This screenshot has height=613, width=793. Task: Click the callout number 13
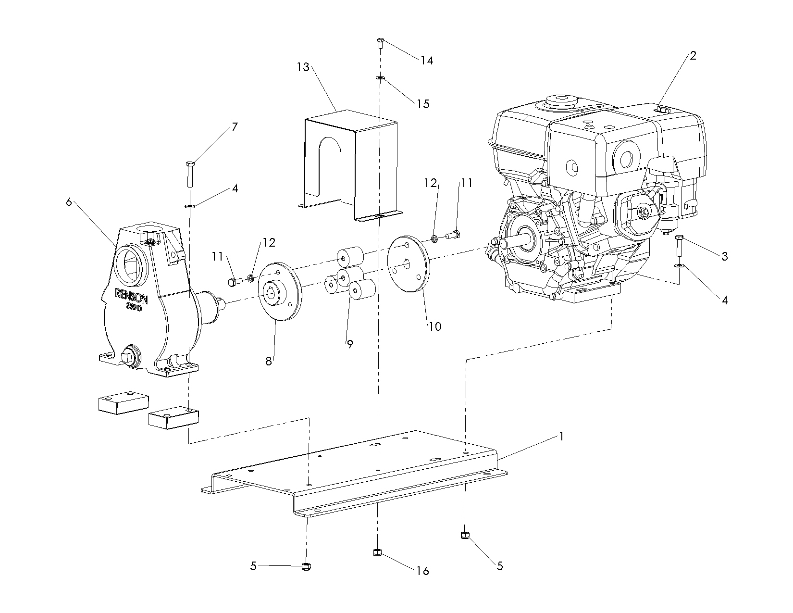[x=303, y=67]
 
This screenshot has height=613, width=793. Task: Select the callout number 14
[x=427, y=60]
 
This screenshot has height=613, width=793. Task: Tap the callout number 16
[x=423, y=571]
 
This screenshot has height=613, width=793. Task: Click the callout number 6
[x=69, y=202]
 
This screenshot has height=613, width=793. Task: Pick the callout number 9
[x=350, y=344]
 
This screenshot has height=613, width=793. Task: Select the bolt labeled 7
[x=189, y=174]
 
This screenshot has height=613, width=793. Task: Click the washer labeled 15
[x=380, y=77]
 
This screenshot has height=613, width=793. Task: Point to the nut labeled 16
[x=377, y=553]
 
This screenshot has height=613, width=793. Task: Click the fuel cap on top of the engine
[x=561, y=102]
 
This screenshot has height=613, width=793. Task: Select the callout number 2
[x=693, y=55]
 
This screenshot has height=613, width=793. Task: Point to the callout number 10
[x=435, y=326]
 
